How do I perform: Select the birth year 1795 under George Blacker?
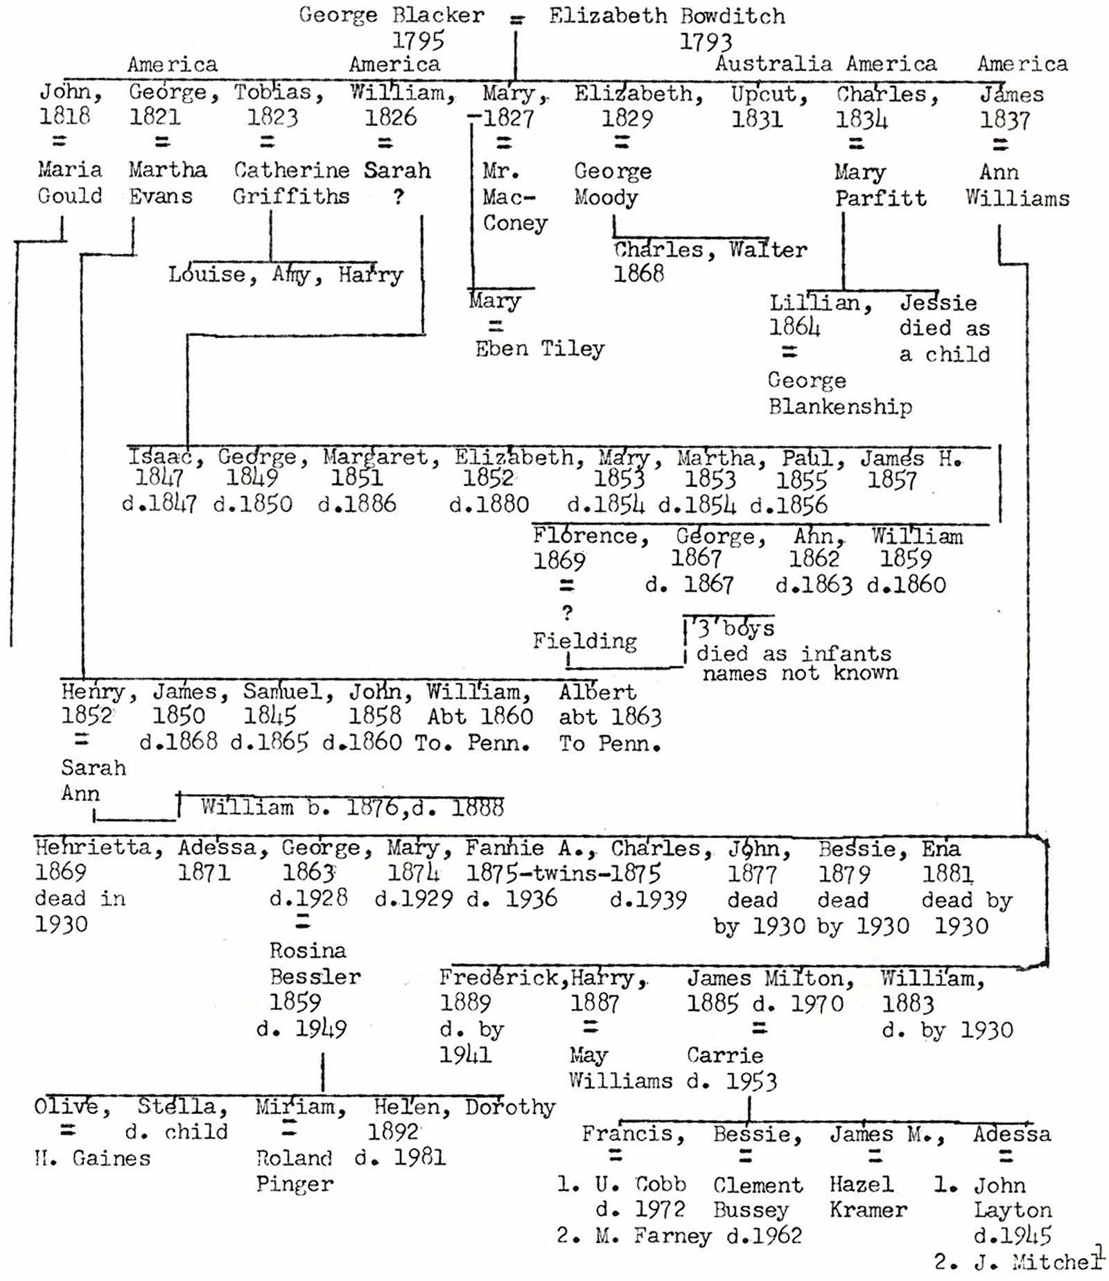click(418, 41)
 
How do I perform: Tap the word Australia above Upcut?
click(774, 64)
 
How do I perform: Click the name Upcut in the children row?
click(769, 94)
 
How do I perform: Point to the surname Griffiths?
click(291, 197)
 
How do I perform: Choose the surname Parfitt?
click(880, 199)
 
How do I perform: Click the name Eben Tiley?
click(539, 348)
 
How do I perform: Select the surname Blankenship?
click(840, 406)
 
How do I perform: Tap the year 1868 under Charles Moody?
click(638, 274)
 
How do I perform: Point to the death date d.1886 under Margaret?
click(357, 504)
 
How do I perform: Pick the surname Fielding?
click(584, 641)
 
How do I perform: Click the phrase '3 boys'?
click(735, 628)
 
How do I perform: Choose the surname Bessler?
click(315, 977)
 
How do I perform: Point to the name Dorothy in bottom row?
click(510, 1107)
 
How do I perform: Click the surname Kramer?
click(868, 1210)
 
